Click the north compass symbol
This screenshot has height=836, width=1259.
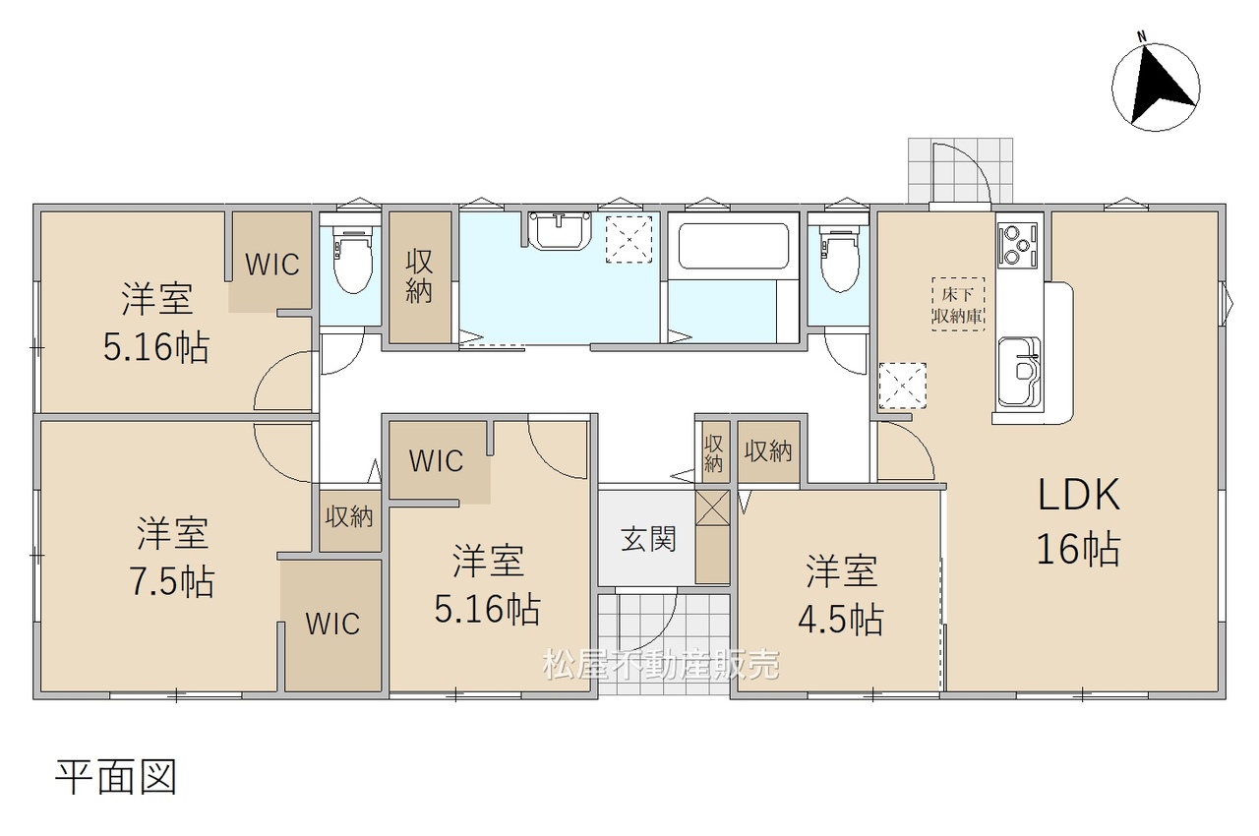[1156, 89]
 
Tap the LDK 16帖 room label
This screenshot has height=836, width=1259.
[1079, 521]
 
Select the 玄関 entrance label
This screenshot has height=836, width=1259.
[648, 539]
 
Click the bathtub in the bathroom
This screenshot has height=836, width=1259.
[733, 246]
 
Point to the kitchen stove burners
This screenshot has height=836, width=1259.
[1017, 246]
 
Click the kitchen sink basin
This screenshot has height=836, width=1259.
[1019, 371]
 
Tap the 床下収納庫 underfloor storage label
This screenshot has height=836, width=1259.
[958, 305]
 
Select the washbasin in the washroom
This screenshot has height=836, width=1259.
[560, 231]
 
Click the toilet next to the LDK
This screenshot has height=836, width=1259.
[840, 258]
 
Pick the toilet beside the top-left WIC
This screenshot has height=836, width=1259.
[352, 259]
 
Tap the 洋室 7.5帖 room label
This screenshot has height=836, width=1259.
[172, 557]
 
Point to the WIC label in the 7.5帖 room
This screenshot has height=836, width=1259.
[332, 624]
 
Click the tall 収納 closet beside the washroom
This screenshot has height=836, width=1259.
[420, 276]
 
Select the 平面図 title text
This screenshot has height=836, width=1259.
[116, 778]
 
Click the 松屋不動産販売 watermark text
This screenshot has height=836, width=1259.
[661, 665]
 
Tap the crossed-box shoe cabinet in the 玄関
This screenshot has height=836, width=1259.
[712, 508]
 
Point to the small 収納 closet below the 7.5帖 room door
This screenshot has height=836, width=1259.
[349, 517]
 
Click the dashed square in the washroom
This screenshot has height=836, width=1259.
[629, 239]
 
